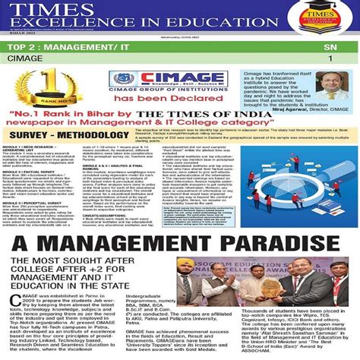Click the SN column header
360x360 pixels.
(x=329, y=47)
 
